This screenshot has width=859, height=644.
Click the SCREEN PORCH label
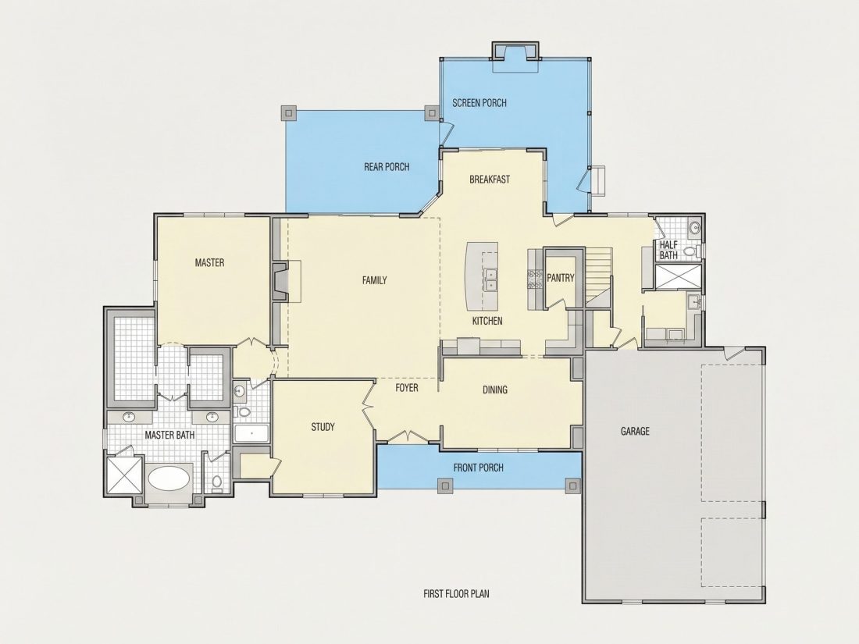click(x=479, y=102)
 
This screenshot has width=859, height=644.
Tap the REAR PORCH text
click(x=387, y=166)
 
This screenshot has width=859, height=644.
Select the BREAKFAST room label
click(x=490, y=179)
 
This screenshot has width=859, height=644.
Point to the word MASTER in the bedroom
click(x=210, y=263)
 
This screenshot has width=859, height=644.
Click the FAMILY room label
click(x=375, y=280)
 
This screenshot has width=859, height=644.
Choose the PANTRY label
click(x=561, y=278)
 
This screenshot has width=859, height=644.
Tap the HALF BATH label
click(x=668, y=250)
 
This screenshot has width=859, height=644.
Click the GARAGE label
click(x=635, y=432)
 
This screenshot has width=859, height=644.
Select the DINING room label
click(x=494, y=390)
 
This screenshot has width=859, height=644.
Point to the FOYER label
click(x=407, y=388)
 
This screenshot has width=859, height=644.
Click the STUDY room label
click(x=323, y=427)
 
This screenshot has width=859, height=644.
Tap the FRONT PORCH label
click(x=478, y=468)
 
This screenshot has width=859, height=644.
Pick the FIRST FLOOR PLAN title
click(x=456, y=593)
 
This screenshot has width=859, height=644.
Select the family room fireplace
click(x=280, y=282)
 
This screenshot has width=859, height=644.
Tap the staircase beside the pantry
click(x=598, y=276)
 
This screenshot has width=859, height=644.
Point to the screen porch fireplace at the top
click(x=515, y=52)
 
